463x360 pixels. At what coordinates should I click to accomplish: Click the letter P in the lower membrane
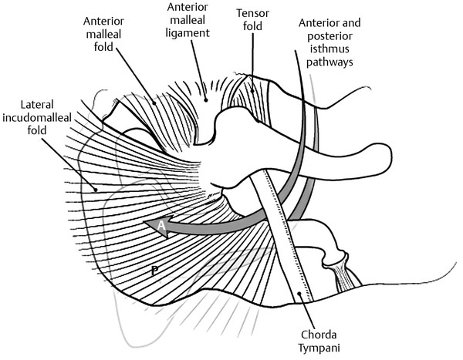[x=156, y=271]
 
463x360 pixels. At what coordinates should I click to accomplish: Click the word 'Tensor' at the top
[x=254, y=13]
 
